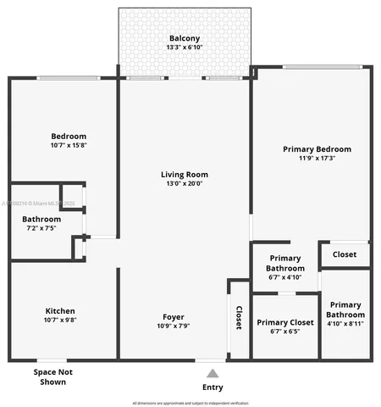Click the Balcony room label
(184, 39)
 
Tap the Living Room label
(184, 175)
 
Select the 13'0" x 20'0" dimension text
(184, 183)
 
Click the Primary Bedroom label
(317, 149)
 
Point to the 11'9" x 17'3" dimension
(317, 158)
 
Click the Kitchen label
(60, 311)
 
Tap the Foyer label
(173, 318)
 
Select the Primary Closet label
(285, 322)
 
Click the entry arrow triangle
(213, 372)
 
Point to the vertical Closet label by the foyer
(239, 316)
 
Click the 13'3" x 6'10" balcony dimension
(184, 47)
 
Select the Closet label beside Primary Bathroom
(344, 254)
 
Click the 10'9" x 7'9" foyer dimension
(173, 326)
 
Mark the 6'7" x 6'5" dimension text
(285, 331)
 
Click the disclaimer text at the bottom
(191, 402)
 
